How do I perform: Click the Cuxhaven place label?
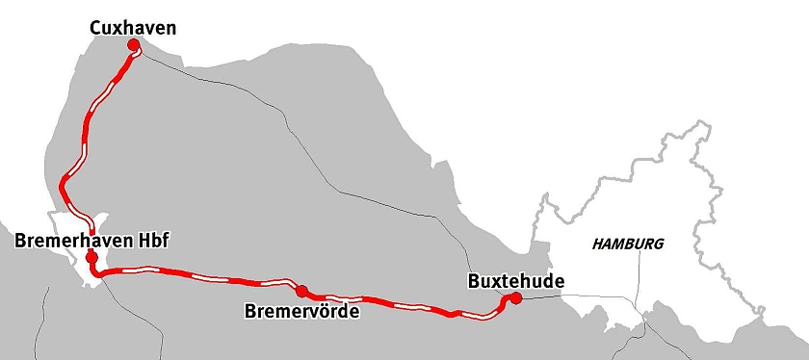133,29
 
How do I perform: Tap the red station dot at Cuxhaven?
133,55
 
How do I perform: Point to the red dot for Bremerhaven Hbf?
91,257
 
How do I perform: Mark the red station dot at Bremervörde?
301,291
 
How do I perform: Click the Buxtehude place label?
515,281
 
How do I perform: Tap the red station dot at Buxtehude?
515,298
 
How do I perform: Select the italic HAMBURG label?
627,244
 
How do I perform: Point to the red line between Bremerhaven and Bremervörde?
193,275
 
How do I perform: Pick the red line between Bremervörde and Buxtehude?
404,305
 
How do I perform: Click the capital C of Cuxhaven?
95,29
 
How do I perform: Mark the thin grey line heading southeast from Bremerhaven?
125,298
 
